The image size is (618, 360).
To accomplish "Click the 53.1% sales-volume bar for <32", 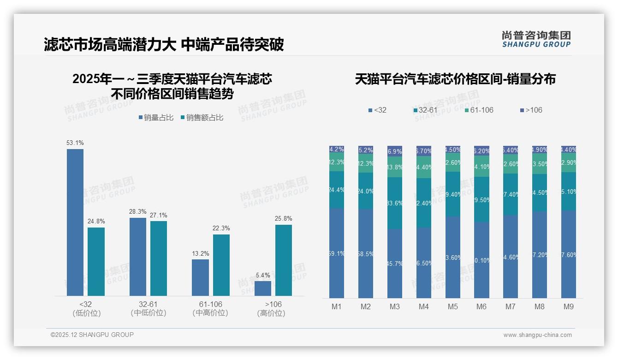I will pos(75,222).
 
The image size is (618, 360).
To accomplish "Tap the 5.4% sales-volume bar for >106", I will pos(262,288).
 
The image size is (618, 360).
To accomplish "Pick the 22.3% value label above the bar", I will pos(221,228).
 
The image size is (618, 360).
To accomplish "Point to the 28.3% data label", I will pos(138,212).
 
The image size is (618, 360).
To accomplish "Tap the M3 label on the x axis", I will pos(395,306).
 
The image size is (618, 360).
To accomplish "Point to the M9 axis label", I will pos(569,306).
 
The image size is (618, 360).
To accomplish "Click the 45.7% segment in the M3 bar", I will pos(395,264).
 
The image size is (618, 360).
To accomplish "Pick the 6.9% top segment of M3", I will pos(395,150).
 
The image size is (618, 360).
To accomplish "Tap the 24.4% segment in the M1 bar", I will pos(337,190).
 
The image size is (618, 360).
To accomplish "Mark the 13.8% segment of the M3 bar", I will pos(395,167).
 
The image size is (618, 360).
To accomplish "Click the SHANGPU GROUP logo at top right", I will pos(536,39).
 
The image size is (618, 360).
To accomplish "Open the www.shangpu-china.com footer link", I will pos(537,335).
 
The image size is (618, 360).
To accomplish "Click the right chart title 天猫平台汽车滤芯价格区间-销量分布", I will pos(455,79).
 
